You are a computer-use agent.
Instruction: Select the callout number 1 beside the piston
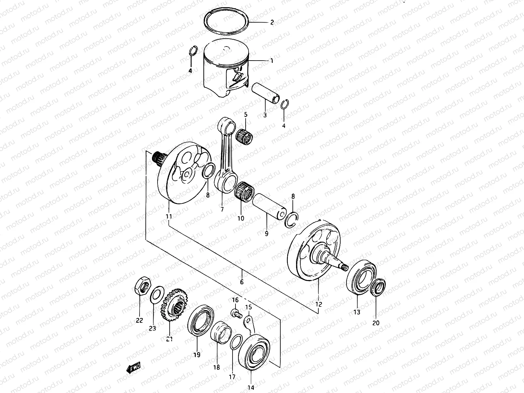(x=271, y=61)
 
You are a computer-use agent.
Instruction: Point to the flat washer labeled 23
(x=157, y=293)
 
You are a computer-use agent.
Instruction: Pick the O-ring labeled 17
(x=235, y=343)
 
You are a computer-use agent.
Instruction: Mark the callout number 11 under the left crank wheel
(x=169, y=216)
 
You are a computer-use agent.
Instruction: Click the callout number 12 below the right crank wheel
(x=319, y=304)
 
